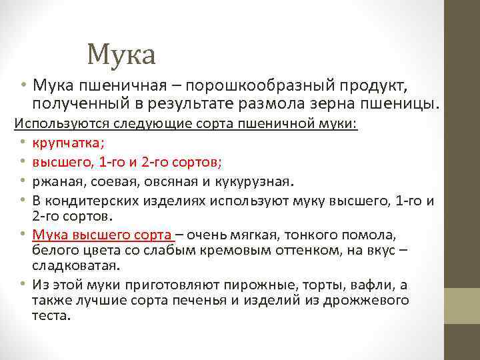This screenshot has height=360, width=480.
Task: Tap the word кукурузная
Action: [255, 182]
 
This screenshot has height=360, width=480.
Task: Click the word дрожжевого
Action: [367, 300]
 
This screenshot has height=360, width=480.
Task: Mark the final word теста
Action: [50, 315]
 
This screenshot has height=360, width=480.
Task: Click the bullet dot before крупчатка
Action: [22, 142]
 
